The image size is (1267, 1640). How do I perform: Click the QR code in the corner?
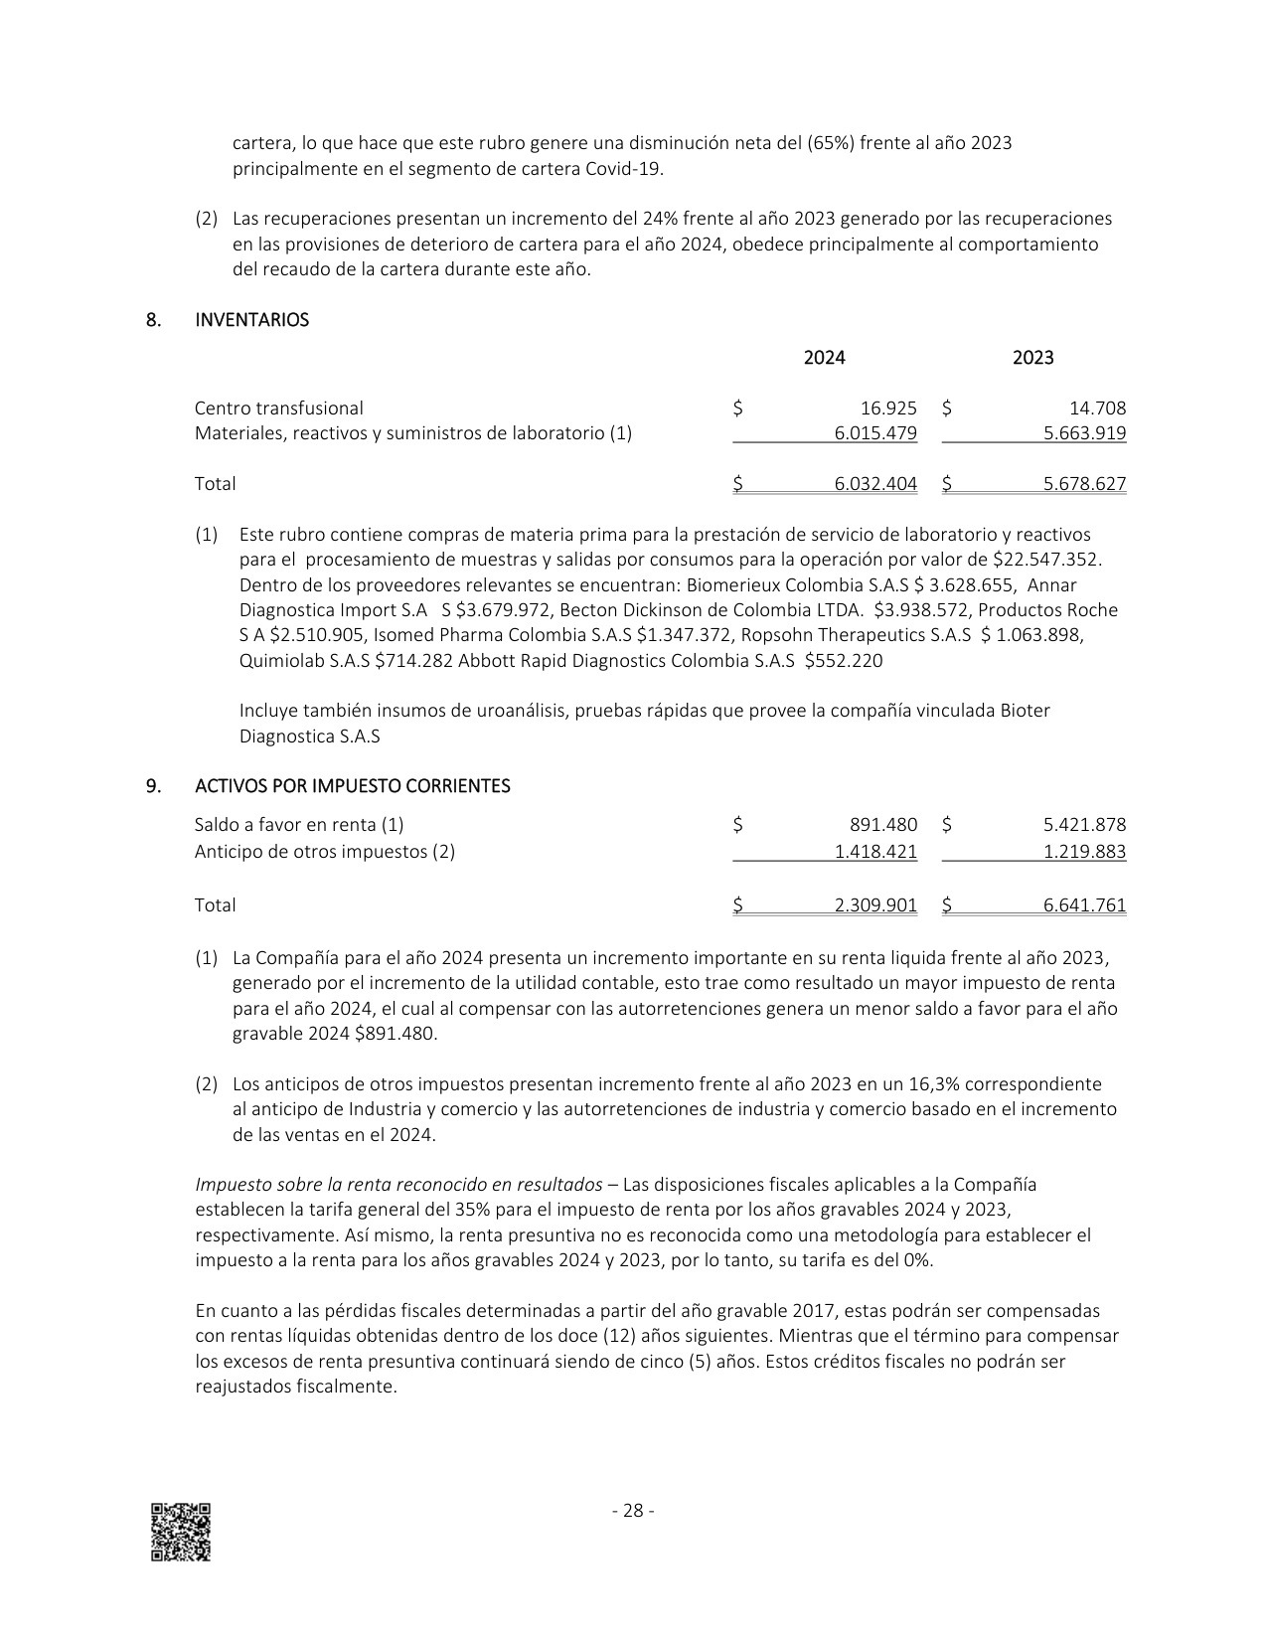(x=180, y=1532)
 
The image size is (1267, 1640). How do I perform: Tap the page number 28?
(x=633, y=1511)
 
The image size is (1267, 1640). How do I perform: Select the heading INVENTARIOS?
(x=251, y=320)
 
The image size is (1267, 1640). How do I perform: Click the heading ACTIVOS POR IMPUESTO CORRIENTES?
(x=352, y=786)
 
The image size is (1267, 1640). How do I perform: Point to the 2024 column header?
(x=824, y=358)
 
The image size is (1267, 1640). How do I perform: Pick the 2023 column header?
(x=1032, y=358)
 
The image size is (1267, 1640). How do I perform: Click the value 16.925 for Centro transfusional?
(x=888, y=409)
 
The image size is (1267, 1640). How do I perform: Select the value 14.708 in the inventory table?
(x=1098, y=409)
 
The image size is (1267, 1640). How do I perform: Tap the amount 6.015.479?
(x=875, y=433)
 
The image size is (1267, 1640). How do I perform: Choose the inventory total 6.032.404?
(x=875, y=484)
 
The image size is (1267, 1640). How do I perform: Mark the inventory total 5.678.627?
(x=1084, y=484)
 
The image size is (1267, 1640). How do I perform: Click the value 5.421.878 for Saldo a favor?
(x=1084, y=825)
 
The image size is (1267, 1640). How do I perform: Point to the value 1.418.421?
(x=875, y=852)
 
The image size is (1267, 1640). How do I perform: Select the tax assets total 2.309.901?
(x=875, y=905)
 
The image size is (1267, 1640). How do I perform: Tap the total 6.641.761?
(x=1084, y=905)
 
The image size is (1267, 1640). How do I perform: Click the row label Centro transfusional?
(x=278, y=409)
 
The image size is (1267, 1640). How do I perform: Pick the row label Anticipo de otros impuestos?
(x=324, y=852)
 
